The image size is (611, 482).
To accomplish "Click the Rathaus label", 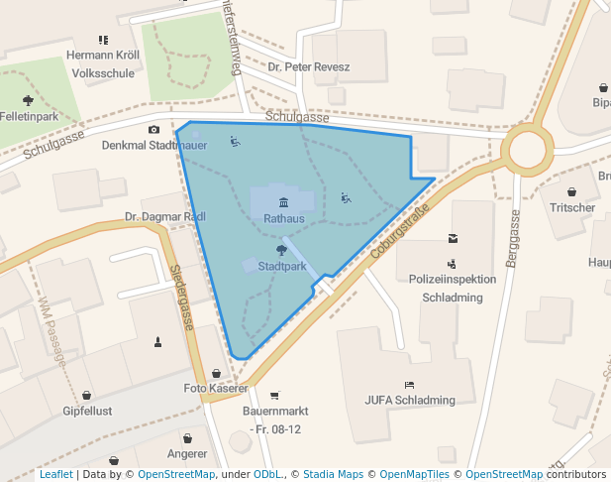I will pos(282,217).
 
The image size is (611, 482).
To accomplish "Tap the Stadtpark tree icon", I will pos(282,251).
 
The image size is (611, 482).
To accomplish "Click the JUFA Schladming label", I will pos(409,401).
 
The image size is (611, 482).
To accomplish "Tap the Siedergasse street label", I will pos(180,298).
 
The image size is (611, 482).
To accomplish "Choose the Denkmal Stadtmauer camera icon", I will pos(153,130).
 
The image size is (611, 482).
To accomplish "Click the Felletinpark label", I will pos(29,116).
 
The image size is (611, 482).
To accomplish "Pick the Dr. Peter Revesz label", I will pos(309,67).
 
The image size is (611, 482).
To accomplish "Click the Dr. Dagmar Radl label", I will pos(164,216).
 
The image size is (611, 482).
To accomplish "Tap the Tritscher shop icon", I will pos(572,191).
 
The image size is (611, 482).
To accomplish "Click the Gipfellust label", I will pos(87,410).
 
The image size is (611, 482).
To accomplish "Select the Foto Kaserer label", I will pos(216,388).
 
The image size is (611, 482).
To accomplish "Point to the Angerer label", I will pos(187,454).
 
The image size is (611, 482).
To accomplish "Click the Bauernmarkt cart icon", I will pos(275,395).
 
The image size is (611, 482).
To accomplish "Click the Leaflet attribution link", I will pos(56,475).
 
